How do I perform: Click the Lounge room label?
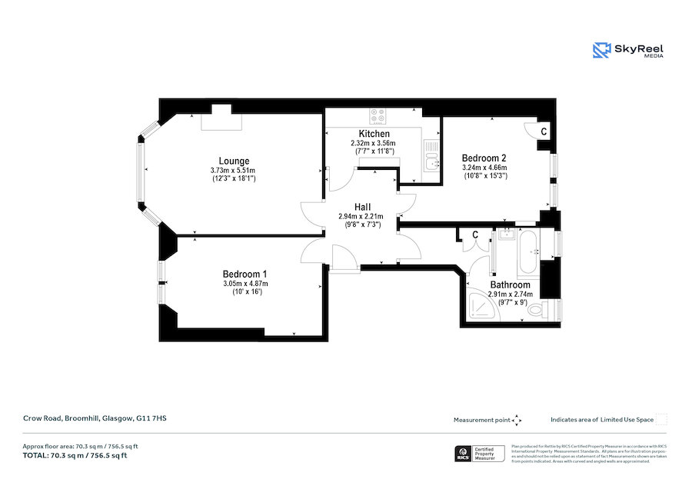pos(234,161)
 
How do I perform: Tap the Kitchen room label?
pos(374,134)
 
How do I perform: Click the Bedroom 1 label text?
pos(245,274)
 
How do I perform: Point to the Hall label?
pos(363,207)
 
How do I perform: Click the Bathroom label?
pos(511,284)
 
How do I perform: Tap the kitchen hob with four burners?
pos(378,116)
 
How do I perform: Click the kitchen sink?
pos(432,161)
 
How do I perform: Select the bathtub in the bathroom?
pos(529,254)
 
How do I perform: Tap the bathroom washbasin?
pos(505,235)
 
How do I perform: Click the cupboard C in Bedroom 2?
pos(544,131)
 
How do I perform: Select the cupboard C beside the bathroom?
pos(475,235)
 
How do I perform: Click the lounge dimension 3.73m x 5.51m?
pos(233,171)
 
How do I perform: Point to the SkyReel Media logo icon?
pos(602,50)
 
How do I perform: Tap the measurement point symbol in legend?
pos(517,420)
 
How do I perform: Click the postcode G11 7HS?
pos(151,418)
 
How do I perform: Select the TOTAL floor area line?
pos(75,455)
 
